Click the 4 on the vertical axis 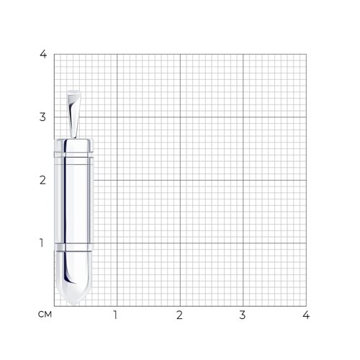(x=43, y=54)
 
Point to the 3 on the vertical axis (x=42, y=117)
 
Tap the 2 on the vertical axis (x=42, y=180)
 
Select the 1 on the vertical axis (x=42, y=243)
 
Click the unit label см (x=45, y=314)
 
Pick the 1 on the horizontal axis (x=116, y=315)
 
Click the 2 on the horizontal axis (x=179, y=315)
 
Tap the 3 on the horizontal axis (x=243, y=315)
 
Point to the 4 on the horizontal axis (x=306, y=315)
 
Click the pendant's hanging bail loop (x=73, y=114)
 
